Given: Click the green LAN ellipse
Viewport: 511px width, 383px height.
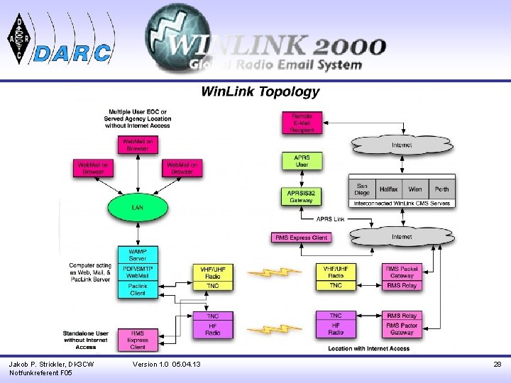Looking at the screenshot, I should coord(138,207).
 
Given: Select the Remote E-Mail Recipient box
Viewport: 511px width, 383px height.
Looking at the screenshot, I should coord(302,123).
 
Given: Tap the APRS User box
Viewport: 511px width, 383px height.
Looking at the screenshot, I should coord(302,161).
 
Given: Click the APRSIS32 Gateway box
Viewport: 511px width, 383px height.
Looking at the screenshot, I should coord(301,196).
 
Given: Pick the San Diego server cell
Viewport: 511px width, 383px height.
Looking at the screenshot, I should coord(362,189).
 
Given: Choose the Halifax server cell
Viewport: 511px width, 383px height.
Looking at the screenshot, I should coord(388,189).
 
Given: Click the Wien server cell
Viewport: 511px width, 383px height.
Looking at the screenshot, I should coord(415,189).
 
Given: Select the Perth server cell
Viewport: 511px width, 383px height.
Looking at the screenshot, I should coord(441,189).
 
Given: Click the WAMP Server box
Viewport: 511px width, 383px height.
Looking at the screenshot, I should coord(138,255).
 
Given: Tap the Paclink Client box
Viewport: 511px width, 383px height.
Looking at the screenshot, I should coord(138,289).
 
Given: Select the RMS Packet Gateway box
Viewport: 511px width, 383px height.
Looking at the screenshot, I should coord(402,272).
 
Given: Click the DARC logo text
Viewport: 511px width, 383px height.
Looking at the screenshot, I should coord(73,52).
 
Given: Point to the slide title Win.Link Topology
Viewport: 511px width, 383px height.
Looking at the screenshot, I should coord(260,91).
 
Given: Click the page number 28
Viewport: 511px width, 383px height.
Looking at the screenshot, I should coord(498,365).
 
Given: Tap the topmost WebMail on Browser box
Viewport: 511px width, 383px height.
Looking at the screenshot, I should coord(138,145).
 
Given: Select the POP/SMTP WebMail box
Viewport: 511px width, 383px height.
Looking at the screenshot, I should coord(138,272).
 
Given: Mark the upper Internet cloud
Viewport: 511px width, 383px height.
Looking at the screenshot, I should coord(401,145).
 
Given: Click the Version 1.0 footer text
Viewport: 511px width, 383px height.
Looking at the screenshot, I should coord(167,365).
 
